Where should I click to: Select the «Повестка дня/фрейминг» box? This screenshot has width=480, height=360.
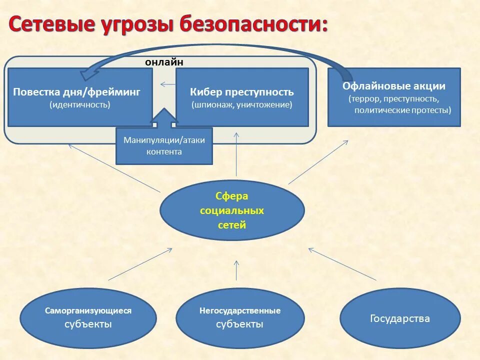pyautogui.click(x=80, y=97)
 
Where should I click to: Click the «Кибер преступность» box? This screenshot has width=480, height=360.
pyautogui.click(x=242, y=97)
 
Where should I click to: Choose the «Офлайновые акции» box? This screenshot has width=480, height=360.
pyautogui.click(x=394, y=97)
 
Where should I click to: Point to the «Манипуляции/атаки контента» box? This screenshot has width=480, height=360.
pyautogui.click(x=164, y=145)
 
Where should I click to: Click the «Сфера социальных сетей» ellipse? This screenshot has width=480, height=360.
pyautogui.click(x=232, y=210)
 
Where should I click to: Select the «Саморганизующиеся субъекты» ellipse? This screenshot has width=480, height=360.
pyautogui.click(x=88, y=317)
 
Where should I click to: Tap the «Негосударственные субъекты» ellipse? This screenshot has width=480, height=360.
pyautogui.click(x=240, y=317)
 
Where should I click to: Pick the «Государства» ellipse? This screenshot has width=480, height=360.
pyautogui.click(x=400, y=318)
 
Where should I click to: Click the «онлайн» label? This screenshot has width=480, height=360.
pyautogui.click(x=164, y=62)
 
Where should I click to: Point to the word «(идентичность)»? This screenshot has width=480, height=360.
pyautogui.click(x=80, y=105)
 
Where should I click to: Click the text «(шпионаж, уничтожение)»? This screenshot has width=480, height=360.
pyautogui.click(x=242, y=105)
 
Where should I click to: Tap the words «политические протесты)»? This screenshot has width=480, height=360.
pyautogui.click(x=402, y=110)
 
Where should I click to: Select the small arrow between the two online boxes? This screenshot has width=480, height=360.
pyautogui.click(x=168, y=84)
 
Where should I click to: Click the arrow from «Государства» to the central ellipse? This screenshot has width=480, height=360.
pyautogui.click(x=342, y=263)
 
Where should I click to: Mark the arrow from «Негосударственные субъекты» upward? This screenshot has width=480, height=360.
pyautogui.click(x=236, y=269)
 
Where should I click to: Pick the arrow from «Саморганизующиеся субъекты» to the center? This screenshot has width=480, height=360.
pyautogui.click(x=140, y=264)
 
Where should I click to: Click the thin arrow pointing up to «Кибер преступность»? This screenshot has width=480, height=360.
pyautogui.click(x=236, y=155)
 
